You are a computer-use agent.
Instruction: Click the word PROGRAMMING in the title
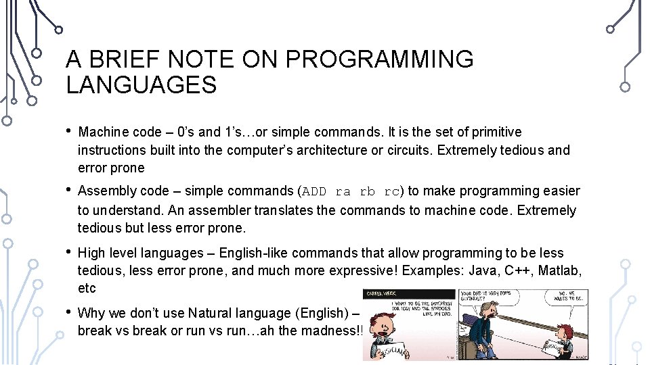tap(379, 60)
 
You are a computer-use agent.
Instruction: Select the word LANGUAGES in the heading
tap(141, 86)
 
